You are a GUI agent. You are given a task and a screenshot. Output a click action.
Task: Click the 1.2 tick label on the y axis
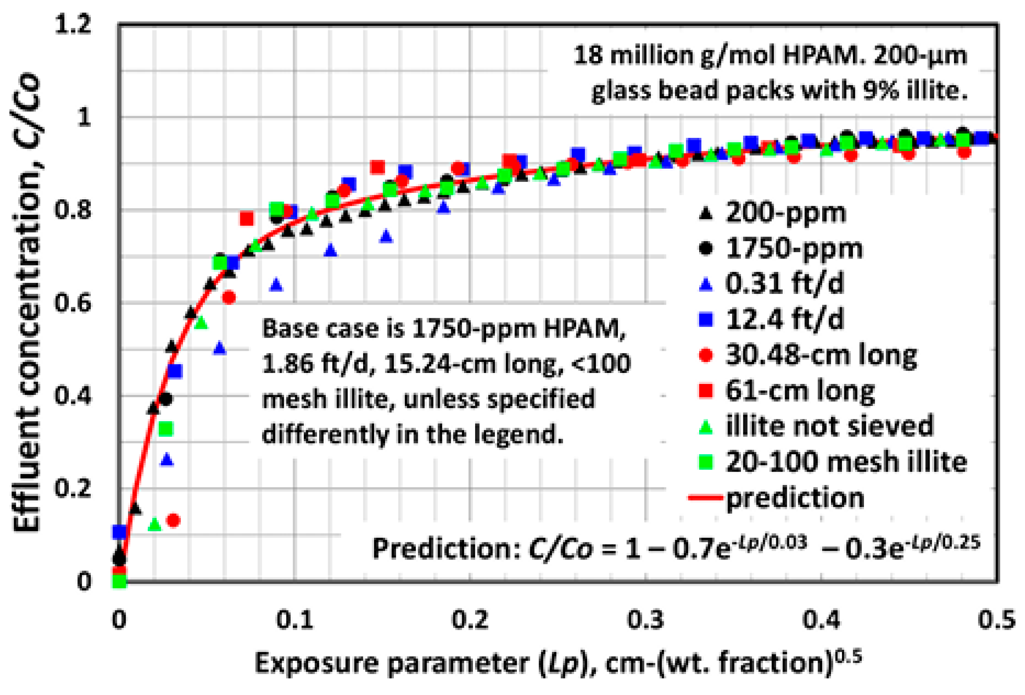(x=73, y=24)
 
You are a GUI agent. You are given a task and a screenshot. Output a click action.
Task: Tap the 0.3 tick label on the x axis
(x=645, y=619)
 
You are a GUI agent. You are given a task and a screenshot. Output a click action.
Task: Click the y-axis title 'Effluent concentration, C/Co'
(x=27, y=302)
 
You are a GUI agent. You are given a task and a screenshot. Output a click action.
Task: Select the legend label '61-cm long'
(x=800, y=391)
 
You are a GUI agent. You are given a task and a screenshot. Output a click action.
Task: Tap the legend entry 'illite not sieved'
(x=816, y=426)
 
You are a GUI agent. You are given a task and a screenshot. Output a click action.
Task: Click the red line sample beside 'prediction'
(x=706, y=498)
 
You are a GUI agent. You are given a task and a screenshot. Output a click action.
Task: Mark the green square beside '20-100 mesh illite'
(x=706, y=462)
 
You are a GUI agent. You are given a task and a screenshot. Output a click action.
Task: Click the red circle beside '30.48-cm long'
(x=706, y=355)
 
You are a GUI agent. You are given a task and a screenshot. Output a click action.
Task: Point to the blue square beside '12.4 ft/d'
(x=706, y=319)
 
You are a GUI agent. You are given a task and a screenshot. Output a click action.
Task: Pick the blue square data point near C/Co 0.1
(x=120, y=532)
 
